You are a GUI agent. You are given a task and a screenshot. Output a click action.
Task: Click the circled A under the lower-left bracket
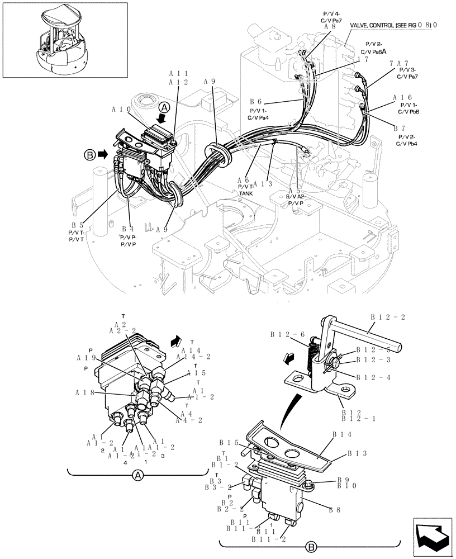tap(137, 476)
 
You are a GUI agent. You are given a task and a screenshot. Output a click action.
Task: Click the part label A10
tap(122, 110)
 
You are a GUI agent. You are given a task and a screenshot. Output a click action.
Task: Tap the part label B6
tap(256, 102)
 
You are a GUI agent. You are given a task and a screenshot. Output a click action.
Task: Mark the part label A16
tap(402, 97)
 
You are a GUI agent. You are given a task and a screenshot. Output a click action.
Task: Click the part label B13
tap(358, 453)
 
